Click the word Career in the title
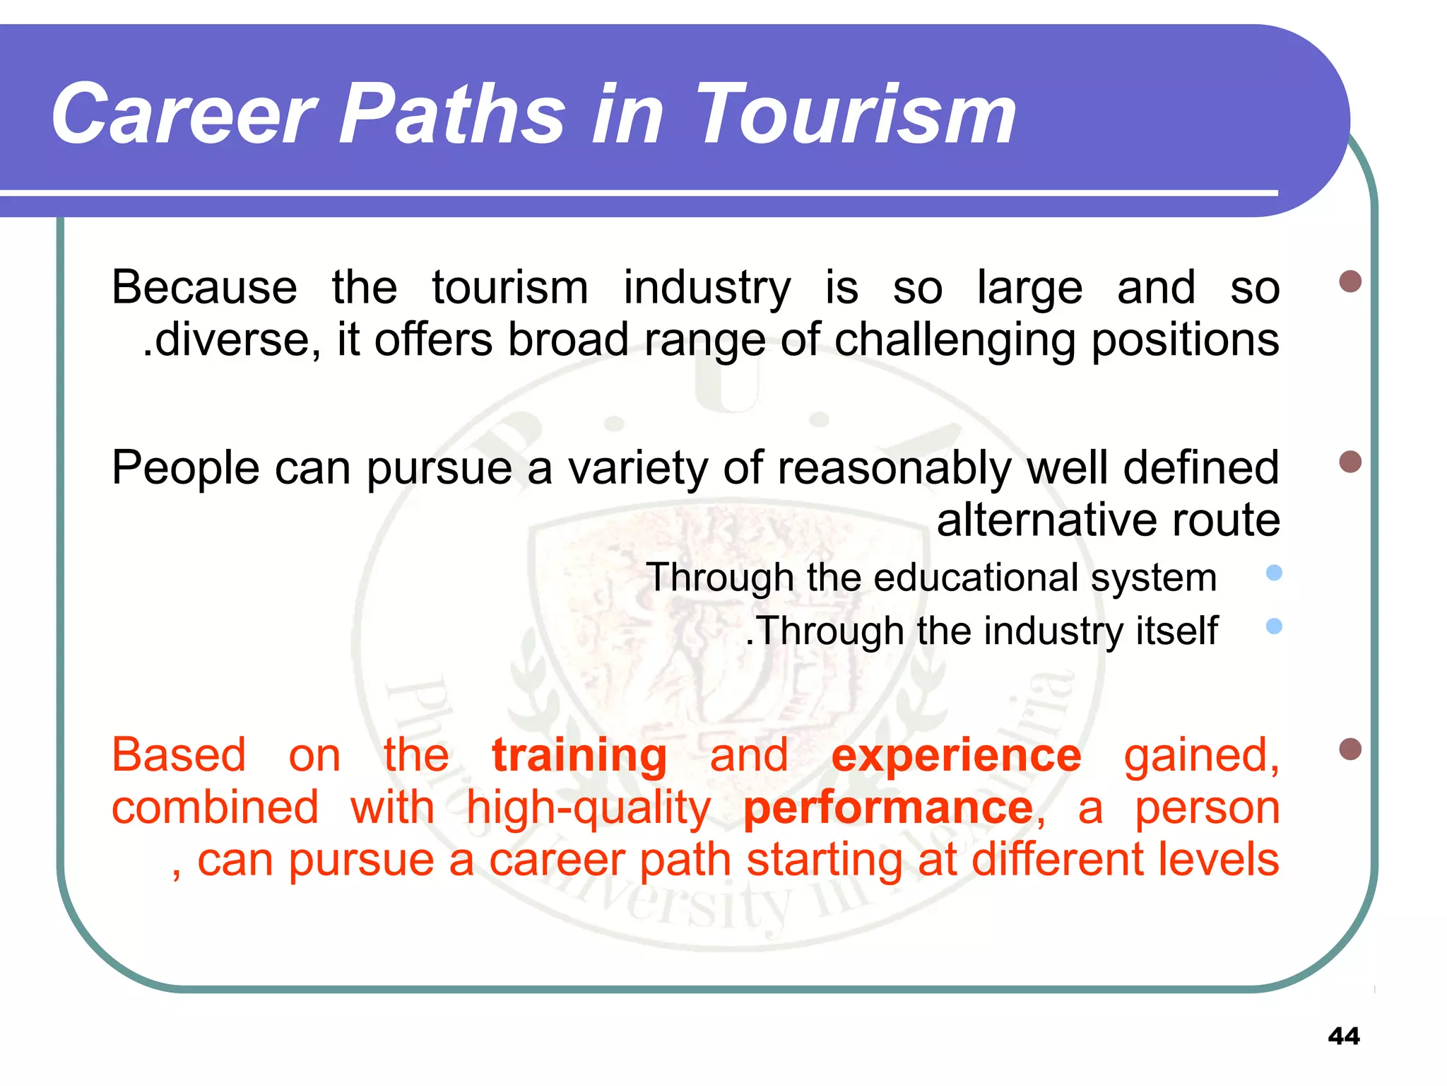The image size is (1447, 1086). point(182,114)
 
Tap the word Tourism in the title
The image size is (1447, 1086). point(856,114)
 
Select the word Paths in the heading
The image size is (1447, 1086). point(452,114)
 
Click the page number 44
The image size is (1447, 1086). point(1343,1036)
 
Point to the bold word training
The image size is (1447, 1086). point(579,754)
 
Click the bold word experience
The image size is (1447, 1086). point(956,754)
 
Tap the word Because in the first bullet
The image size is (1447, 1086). point(204,288)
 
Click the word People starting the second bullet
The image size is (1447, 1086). point(185,468)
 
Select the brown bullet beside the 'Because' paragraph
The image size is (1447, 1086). point(1349,281)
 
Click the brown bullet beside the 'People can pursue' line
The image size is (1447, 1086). point(1349,462)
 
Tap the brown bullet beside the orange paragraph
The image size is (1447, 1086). point(1349,749)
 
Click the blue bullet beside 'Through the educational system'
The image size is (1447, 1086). point(1274,573)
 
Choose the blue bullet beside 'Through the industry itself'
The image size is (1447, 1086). point(1274,626)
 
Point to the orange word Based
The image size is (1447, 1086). point(179,754)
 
